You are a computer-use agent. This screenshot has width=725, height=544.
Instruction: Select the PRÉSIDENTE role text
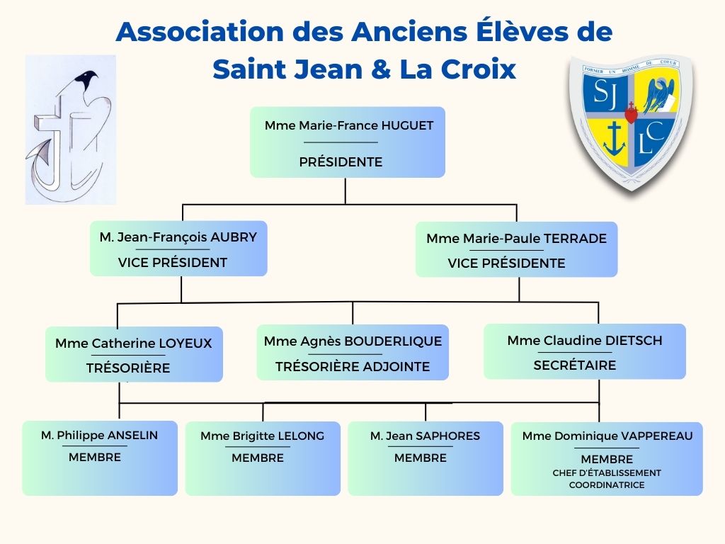click(x=341, y=162)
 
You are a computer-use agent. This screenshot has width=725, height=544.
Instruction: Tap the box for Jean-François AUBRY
click(x=178, y=249)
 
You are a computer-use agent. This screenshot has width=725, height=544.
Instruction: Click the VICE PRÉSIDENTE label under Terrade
click(x=506, y=263)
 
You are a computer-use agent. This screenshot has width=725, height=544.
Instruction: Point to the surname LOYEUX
click(x=185, y=344)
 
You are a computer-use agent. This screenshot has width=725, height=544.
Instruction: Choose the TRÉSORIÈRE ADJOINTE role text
click(x=353, y=366)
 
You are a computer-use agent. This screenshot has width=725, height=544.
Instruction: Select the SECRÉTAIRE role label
click(x=575, y=365)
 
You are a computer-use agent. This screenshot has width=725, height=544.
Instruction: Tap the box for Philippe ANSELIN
click(x=100, y=458)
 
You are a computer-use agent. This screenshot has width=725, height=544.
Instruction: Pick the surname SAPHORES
click(x=447, y=436)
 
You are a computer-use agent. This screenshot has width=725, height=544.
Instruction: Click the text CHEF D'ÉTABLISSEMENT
click(x=607, y=472)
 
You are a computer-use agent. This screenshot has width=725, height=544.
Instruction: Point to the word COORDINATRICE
click(x=607, y=484)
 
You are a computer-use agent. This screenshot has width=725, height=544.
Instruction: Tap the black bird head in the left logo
click(x=87, y=79)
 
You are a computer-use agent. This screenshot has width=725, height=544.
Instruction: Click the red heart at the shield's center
click(x=631, y=113)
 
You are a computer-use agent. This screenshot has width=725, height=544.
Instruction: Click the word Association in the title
click(x=199, y=31)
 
